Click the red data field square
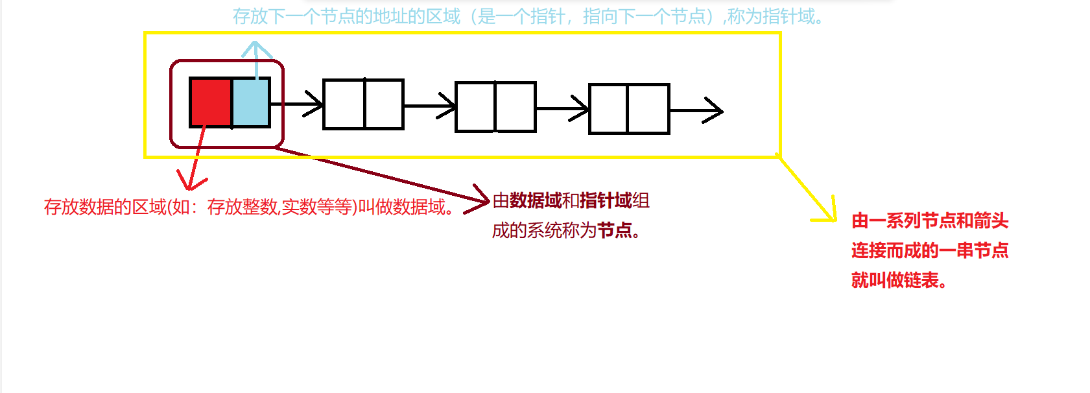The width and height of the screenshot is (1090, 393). [211, 102]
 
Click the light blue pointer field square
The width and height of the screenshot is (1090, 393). [250, 102]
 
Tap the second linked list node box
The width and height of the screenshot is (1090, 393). [363, 104]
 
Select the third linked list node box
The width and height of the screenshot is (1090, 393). [495, 107]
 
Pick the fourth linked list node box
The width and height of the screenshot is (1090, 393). [628, 109]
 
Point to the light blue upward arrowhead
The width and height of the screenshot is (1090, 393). [256, 49]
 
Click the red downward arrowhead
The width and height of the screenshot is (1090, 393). [190, 181]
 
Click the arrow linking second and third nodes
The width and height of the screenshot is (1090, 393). [429, 106]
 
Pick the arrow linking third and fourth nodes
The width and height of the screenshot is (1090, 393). [562, 108]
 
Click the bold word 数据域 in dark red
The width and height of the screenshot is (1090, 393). [536, 201]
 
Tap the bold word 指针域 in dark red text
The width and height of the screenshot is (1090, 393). [606, 201]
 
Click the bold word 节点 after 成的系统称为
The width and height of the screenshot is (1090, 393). [614, 230]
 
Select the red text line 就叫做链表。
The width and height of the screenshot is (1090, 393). [899, 280]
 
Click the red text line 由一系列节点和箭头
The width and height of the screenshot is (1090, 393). [930, 220]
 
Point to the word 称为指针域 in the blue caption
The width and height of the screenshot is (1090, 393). [772, 16]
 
